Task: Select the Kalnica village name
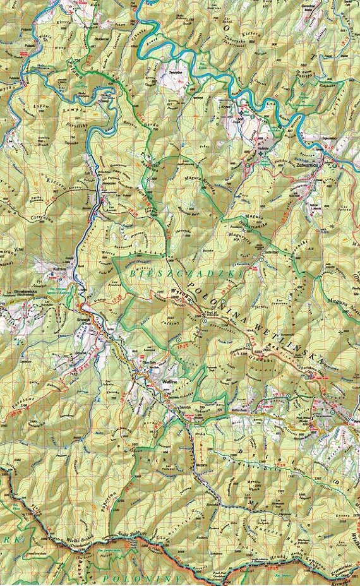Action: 43,268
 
